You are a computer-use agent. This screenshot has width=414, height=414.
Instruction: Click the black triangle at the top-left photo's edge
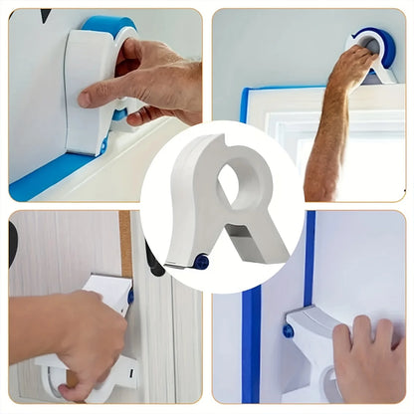pos(45,14)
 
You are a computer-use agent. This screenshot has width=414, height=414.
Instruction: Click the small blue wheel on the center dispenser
pos(202,263)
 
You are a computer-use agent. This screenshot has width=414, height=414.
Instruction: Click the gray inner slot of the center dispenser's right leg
pos(241,236)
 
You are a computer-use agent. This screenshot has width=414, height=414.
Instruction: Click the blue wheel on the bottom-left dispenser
pos(129,296)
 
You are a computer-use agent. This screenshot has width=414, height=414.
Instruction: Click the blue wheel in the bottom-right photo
pos(288,330)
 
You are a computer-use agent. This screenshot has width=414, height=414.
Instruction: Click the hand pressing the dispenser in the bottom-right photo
pos(368,358)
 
